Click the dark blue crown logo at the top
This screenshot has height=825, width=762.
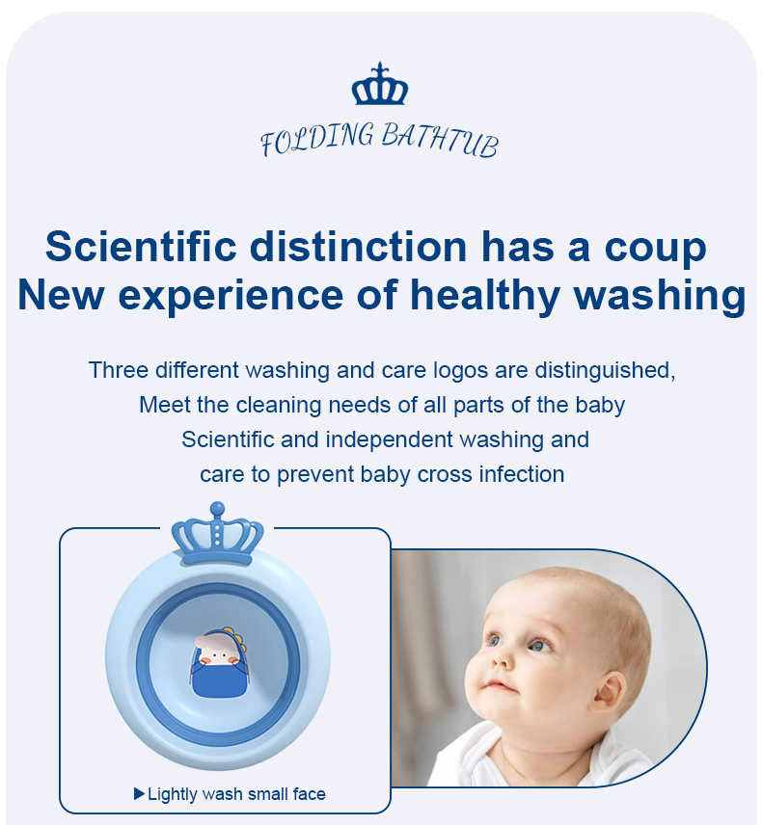380,84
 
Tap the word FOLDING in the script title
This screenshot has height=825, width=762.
317,139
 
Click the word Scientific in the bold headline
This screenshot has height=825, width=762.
141,246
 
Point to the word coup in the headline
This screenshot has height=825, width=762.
655,250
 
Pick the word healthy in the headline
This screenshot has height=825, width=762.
485,296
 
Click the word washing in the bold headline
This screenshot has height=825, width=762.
660,296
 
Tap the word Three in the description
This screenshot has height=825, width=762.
119,370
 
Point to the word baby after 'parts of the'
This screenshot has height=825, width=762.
600,406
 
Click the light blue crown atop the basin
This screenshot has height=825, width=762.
217,535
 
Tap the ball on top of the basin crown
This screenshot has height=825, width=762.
217,509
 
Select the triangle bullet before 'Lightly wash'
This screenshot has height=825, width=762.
139,793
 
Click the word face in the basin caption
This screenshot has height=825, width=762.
309,794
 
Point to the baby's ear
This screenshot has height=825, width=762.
611,693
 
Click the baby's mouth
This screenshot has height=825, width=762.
497,686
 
